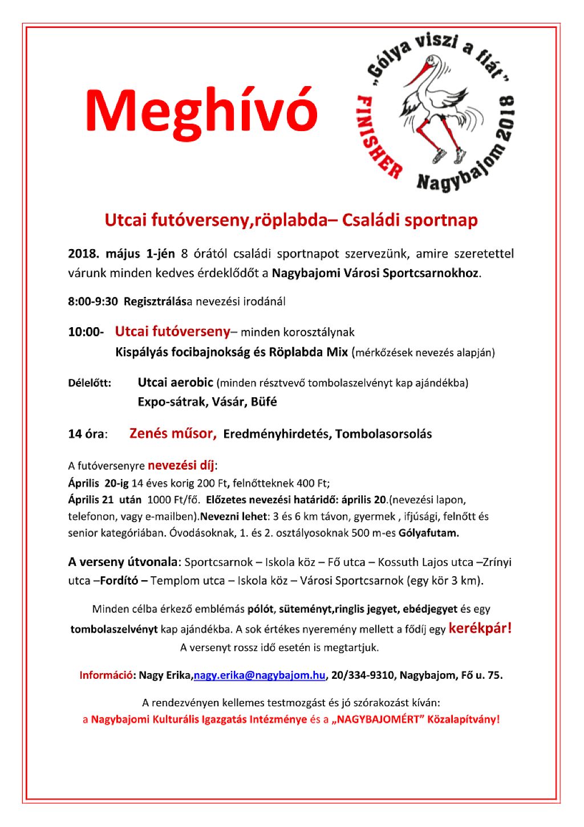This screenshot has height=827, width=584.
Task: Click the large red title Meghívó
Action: pos(201,111)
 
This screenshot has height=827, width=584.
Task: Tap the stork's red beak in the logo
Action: pos(420,74)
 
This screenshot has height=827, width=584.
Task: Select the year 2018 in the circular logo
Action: pos(506,120)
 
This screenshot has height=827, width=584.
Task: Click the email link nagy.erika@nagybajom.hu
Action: pos(259,675)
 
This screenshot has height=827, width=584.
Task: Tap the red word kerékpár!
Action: pos(480,629)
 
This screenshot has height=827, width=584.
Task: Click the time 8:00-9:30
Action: pos(93,302)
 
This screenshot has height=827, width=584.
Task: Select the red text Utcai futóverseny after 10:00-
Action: pos(172,331)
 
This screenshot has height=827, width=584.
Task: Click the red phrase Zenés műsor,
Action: pos(173,433)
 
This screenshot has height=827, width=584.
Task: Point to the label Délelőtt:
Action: pos(90,382)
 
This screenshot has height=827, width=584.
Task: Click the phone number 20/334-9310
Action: pos(362,675)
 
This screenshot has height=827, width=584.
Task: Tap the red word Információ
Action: pos(106,675)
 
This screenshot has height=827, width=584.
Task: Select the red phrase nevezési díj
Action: pos(181,465)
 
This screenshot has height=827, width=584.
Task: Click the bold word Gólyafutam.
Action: pos(429,533)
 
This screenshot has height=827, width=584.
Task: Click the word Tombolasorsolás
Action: pos(383,434)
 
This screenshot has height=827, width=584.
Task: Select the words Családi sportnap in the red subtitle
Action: pos(409,221)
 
